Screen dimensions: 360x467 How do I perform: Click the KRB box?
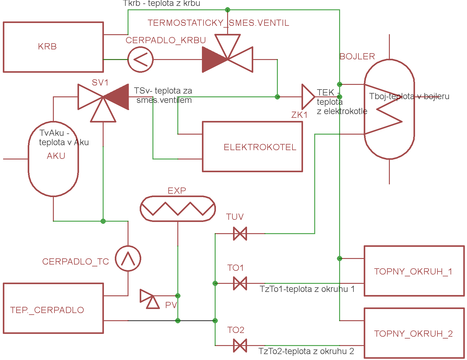[x=53, y=47]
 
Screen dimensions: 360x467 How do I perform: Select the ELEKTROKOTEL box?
[x=252, y=146]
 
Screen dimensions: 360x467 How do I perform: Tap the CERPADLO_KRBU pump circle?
[x=140, y=59]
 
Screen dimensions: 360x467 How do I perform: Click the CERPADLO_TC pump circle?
[x=128, y=258]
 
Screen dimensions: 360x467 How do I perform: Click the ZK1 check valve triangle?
[x=308, y=97]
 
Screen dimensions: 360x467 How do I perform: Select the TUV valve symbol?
[x=240, y=233]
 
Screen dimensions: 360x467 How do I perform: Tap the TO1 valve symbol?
[x=240, y=283]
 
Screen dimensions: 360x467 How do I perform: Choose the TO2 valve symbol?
[x=240, y=345]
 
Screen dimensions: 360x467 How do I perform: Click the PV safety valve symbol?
[x=150, y=299]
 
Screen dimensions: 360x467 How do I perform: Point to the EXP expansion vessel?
[x=178, y=209]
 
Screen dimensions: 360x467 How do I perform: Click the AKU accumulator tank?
[x=53, y=159]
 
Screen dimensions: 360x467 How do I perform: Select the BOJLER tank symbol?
[x=389, y=109]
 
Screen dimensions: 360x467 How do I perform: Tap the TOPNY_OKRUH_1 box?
[x=414, y=271]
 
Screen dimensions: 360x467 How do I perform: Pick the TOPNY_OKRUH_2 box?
[x=414, y=333]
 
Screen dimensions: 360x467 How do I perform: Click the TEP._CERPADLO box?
[x=53, y=308]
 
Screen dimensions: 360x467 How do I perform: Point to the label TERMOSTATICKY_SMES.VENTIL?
[x=218, y=23]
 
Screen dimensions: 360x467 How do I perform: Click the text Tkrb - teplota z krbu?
[x=161, y=3]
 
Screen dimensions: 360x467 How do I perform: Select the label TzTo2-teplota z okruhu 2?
[x=306, y=351]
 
